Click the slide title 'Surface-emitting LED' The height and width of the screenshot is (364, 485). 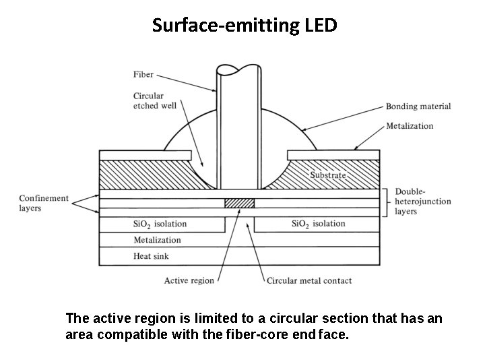pyautogui.click(x=245, y=26)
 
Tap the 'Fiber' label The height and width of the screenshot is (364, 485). pyautogui.click(x=143, y=75)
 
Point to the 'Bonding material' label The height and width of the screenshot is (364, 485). pyautogui.click(x=418, y=107)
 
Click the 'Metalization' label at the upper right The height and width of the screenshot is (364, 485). pyautogui.click(x=410, y=126)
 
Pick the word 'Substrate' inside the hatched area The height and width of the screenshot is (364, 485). pyautogui.click(x=328, y=175)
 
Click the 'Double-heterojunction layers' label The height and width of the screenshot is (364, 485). pyautogui.click(x=422, y=202)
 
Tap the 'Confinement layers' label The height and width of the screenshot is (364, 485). pyautogui.click(x=44, y=203)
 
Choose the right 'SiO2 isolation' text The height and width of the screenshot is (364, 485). pyautogui.click(x=319, y=224)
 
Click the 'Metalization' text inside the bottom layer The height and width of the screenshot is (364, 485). pyautogui.click(x=158, y=240)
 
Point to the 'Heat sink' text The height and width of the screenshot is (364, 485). pyautogui.click(x=152, y=256)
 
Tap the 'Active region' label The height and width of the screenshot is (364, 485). pyautogui.click(x=189, y=280)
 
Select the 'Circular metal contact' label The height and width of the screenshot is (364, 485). pyautogui.click(x=309, y=280)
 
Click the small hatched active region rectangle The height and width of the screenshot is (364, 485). pyautogui.click(x=239, y=203)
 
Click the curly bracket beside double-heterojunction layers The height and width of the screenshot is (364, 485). pyautogui.click(x=387, y=202)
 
